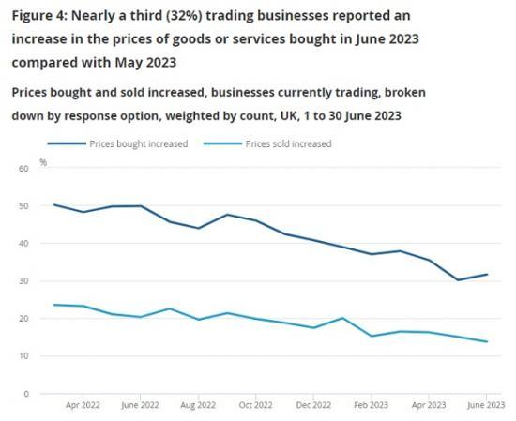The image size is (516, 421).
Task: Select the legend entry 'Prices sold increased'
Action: pyautogui.click(x=288, y=143)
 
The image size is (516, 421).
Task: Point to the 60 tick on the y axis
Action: pyautogui.click(x=23, y=168)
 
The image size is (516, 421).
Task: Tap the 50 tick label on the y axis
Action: pyautogui.click(x=23, y=205)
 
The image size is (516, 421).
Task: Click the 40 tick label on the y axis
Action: pyautogui.click(x=23, y=243)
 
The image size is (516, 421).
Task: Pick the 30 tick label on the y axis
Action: pyautogui.click(x=23, y=280)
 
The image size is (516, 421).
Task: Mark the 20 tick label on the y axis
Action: pyautogui.click(x=23, y=319)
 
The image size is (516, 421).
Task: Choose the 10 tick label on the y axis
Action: pyautogui.click(x=23, y=356)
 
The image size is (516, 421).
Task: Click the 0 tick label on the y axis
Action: pyautogui.click(x=26, y=394)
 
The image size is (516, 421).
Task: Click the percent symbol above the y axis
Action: pyautogui.click(x=43, y=162)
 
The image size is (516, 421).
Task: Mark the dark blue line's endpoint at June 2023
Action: pyautogui.click(x=486, y=274)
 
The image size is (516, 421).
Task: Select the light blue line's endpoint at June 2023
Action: pyautogui.click(x=486, y=341)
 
